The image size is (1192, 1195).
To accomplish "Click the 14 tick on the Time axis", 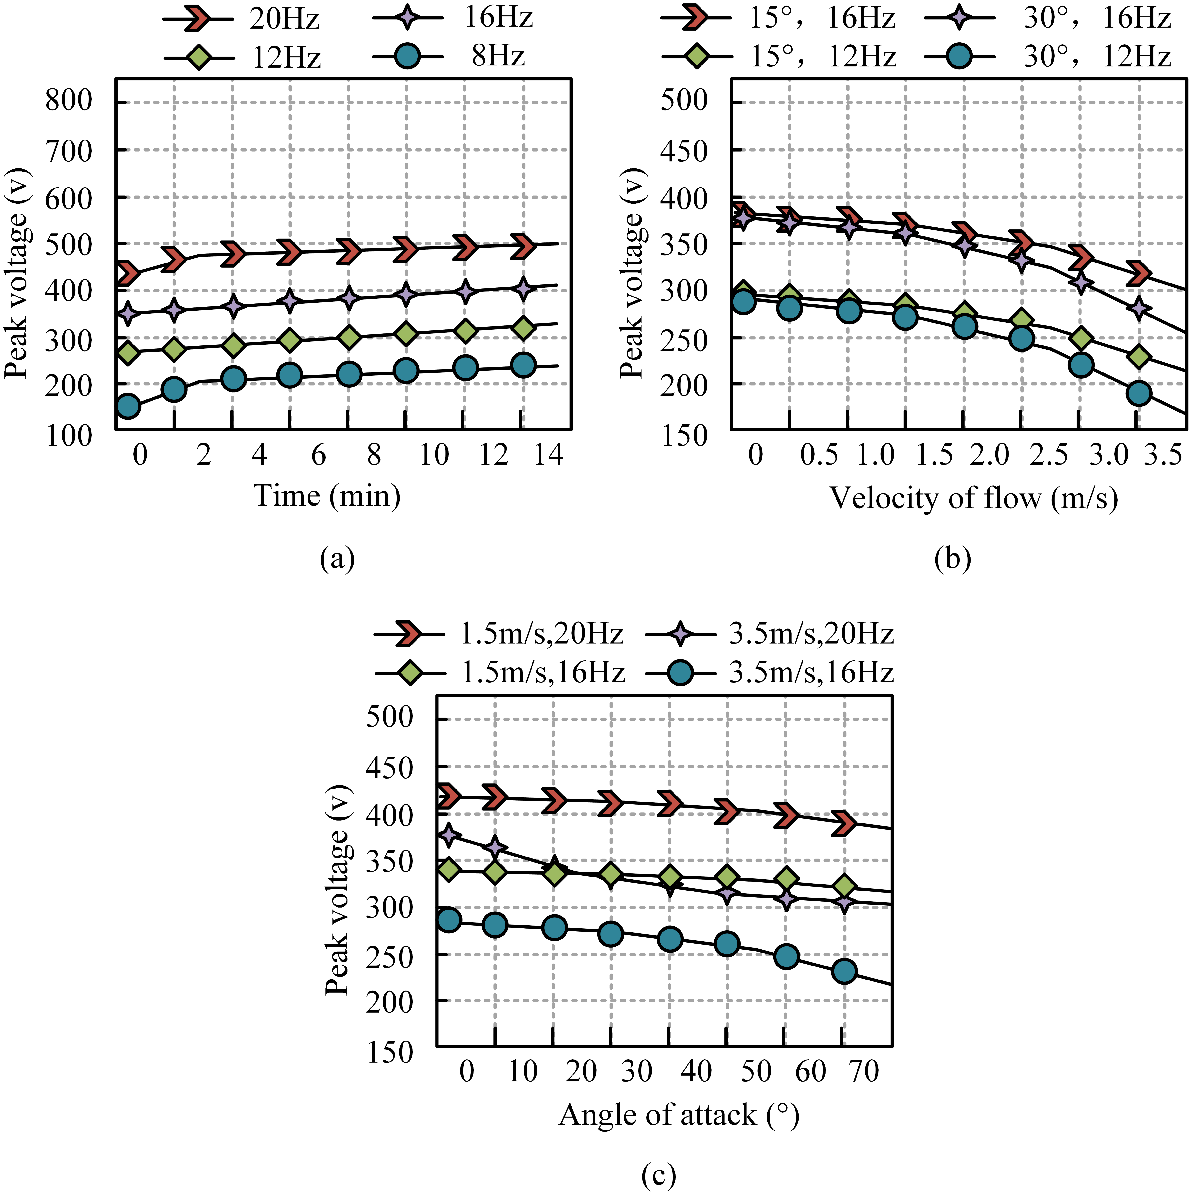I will tap(548, 455).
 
